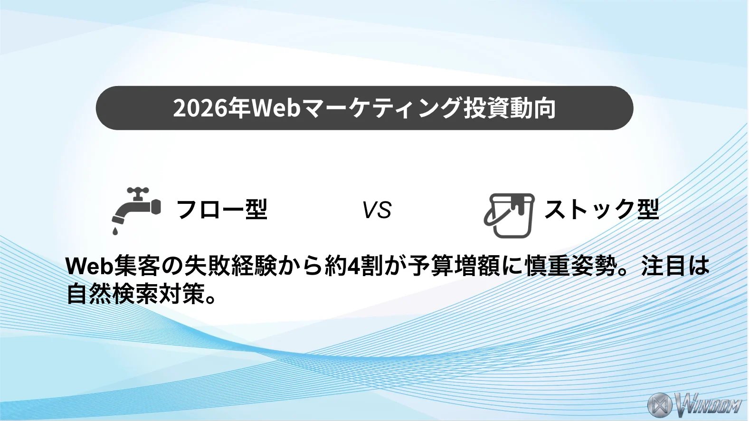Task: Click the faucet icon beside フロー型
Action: [x=136, y=207]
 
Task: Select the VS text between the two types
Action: [x=377, y=210]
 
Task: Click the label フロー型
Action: [x=221, y=209]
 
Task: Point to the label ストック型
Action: [x=601, y=209]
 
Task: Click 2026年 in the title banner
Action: [x=211, y=108]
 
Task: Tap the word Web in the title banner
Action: [x=276, y=108]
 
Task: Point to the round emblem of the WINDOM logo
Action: [x=660, y=405]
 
